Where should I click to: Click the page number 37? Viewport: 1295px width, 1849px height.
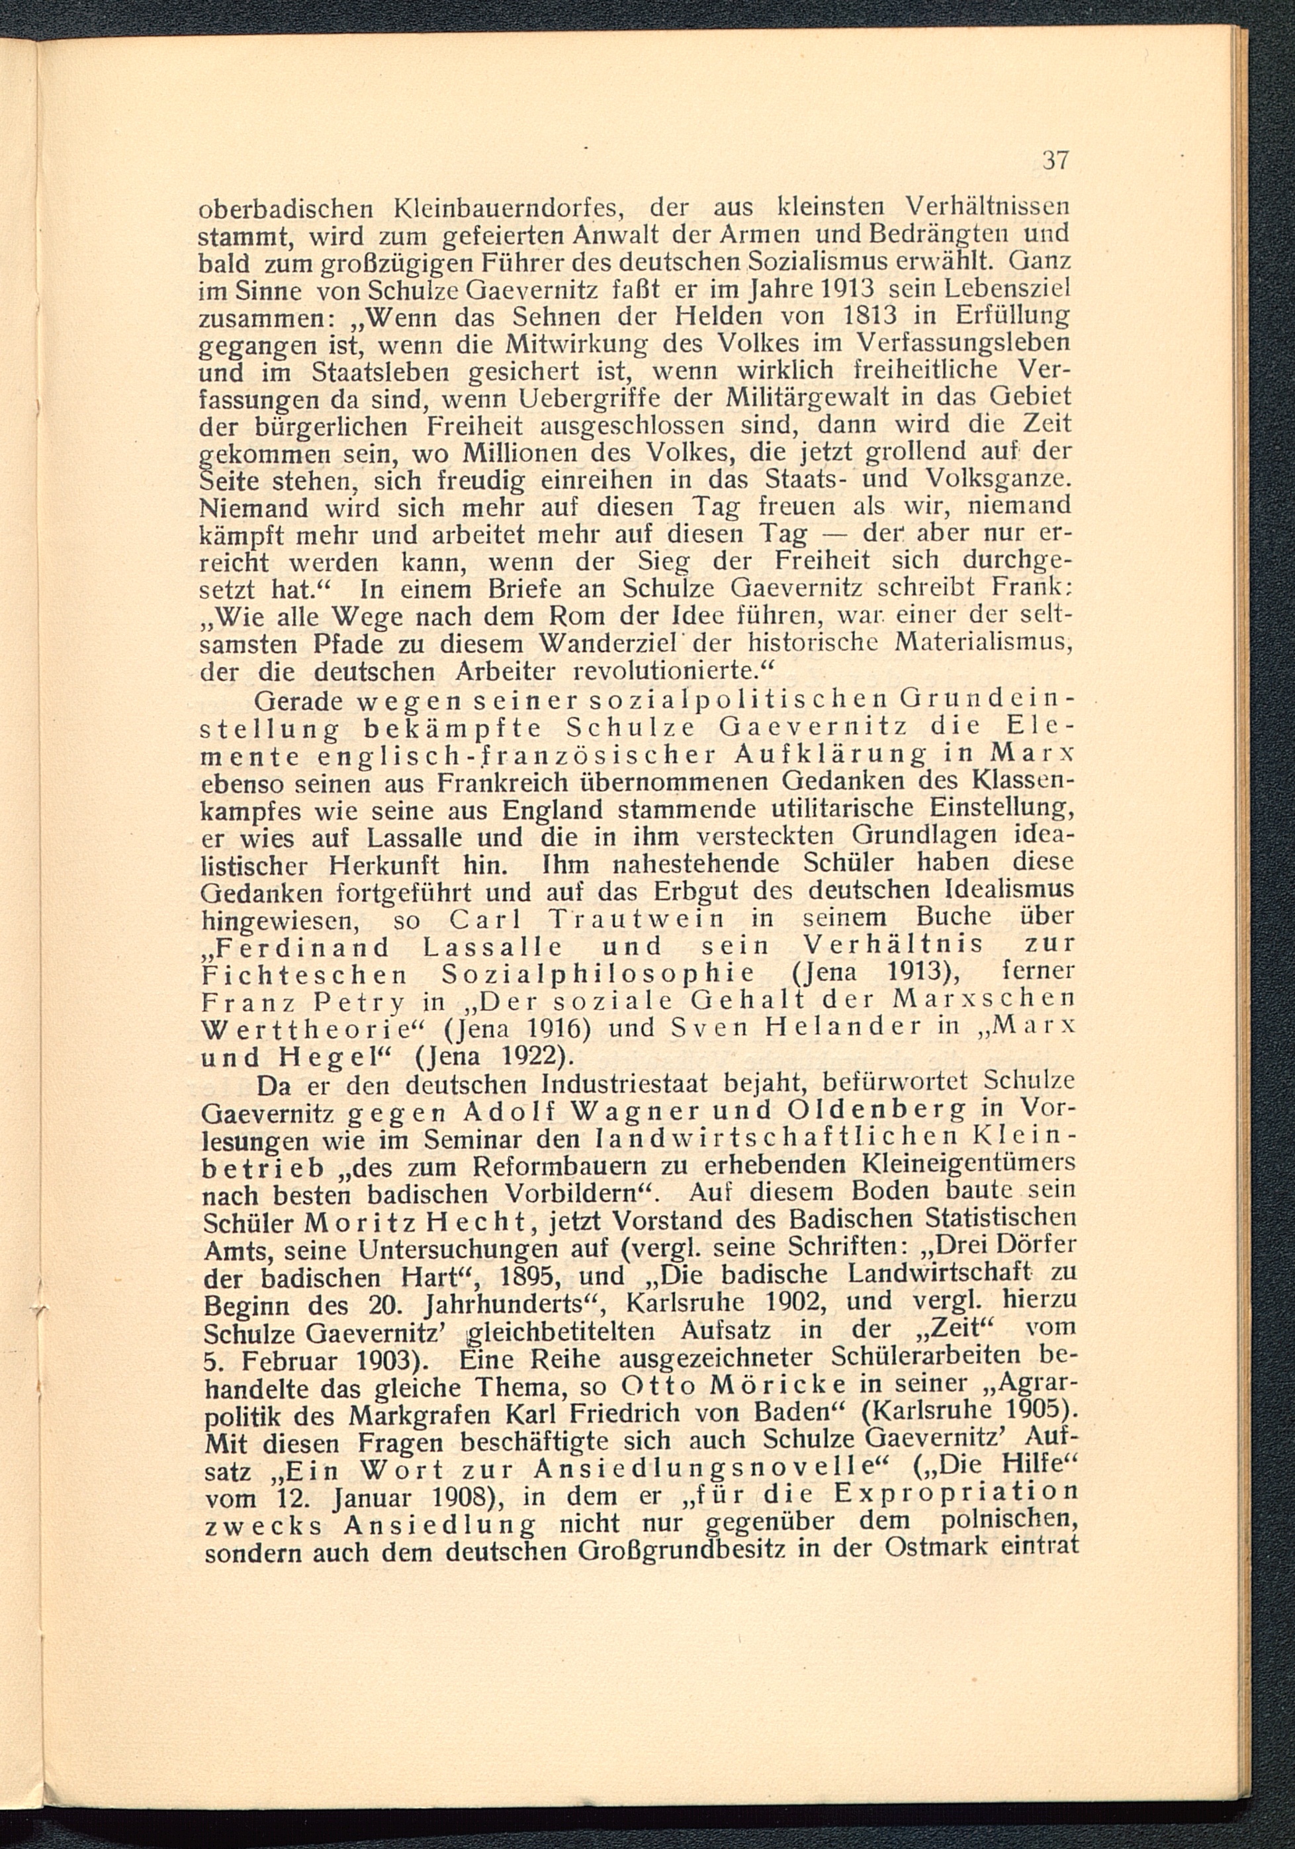pyautogui.click(x=1054, y=160)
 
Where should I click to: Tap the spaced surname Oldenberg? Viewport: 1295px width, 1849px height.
pyautogui.click(x=875, y=1112)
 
